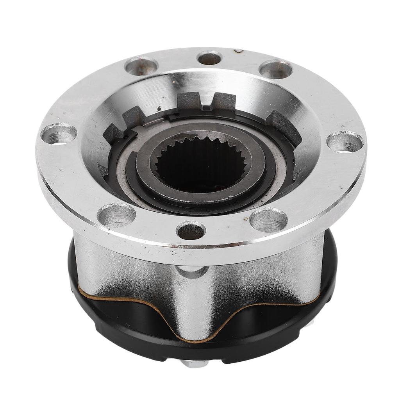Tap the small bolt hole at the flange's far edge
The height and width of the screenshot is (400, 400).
pyautogui.click(x=210, y=58)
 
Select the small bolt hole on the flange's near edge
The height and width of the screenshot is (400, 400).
pyautogui.click(x=191, y=230)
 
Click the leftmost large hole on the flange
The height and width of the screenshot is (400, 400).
pyautogui.click(x=59, y=134)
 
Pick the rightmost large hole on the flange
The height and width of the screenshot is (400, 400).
pyautogui.click(x=345, y=141)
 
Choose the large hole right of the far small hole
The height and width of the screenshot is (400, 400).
pyautogui.click(x=276, y=69)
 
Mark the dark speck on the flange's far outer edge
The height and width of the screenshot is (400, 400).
pyautogui.click(x=238, y=51)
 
